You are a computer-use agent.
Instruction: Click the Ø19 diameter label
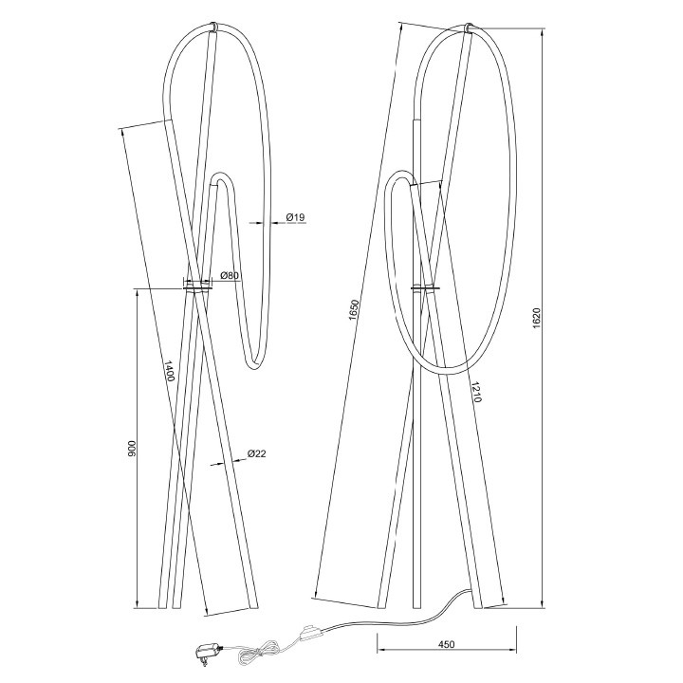(x=296, y=217)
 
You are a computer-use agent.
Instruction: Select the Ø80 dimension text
(x=230, y=275)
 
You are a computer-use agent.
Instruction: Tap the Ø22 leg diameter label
(x=256, y=453)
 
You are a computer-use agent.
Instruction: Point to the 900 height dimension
(x=132, y=448)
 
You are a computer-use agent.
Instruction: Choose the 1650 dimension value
(x=354, y=309)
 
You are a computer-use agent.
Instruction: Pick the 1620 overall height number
(x=536, y=318)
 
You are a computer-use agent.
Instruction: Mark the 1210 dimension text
(x=475, y=392)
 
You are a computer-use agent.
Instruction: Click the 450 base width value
(x=447, y=644)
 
